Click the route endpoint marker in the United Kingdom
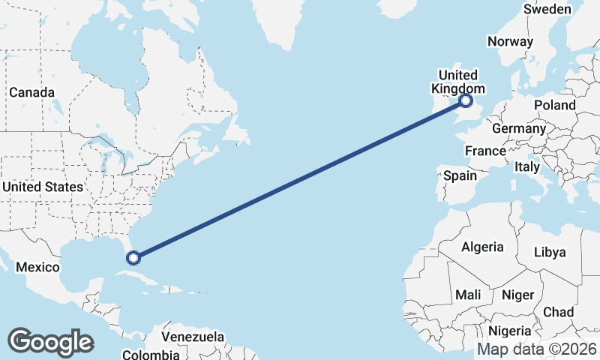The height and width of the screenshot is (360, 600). pos(466,100)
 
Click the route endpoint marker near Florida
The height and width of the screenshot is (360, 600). pos(133,258)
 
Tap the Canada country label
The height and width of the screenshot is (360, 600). pos(31,92)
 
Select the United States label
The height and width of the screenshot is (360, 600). pos(42,186)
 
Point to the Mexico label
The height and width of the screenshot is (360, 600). pos(37,267)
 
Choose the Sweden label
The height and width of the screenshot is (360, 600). pos(547,9)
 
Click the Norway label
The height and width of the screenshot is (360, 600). pos(510,42)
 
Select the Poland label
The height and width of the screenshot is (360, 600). pos(555,105)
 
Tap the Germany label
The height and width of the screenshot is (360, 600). pos(519,128)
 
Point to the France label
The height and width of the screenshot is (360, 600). pos(485,151)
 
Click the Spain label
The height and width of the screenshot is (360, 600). pos(460,175)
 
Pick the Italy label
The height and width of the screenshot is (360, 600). pos(527,167)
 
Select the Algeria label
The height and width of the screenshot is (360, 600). pos(482,247)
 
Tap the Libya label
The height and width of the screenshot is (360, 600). pos(550,252)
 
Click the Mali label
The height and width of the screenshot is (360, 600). pos(468,295)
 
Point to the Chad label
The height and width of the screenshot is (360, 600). pos(558,311)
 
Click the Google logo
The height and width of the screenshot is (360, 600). pos(50,342)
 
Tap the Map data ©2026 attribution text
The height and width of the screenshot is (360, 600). pos(537,349)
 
